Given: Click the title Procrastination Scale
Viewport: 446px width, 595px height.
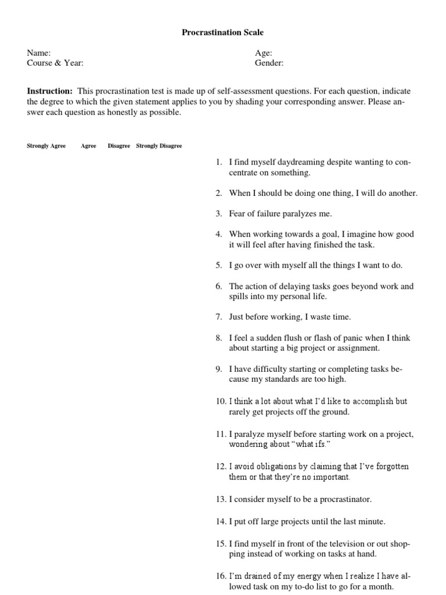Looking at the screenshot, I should (222, 33).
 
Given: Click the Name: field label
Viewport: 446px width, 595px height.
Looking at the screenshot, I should (39, 53).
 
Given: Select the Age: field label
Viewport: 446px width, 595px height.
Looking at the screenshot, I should (264, 53).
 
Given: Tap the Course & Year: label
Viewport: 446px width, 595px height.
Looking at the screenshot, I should (59, 63).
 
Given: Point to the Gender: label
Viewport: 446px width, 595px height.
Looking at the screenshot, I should (269, 63).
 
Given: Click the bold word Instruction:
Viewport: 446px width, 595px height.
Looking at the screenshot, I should (50, 91).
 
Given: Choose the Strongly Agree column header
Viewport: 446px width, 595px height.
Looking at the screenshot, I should (46, 146).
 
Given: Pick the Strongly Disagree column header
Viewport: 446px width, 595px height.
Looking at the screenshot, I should (159, 146).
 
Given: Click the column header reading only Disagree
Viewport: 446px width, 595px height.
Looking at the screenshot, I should (119, 146).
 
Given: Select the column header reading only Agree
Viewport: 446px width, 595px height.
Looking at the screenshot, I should (88, 146).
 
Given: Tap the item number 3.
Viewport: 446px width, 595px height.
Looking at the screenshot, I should (218, 214).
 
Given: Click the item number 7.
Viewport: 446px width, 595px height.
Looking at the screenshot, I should (218, 317).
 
